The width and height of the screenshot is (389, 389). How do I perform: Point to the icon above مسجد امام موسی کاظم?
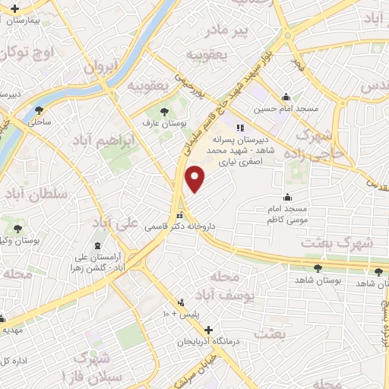[x=286, y=195]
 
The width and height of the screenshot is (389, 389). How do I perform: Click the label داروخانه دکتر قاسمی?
[x=180, y=227]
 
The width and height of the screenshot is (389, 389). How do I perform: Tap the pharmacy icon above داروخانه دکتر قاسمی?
[x=180, y=216]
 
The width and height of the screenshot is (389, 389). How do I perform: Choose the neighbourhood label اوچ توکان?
[x=29, y=53]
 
